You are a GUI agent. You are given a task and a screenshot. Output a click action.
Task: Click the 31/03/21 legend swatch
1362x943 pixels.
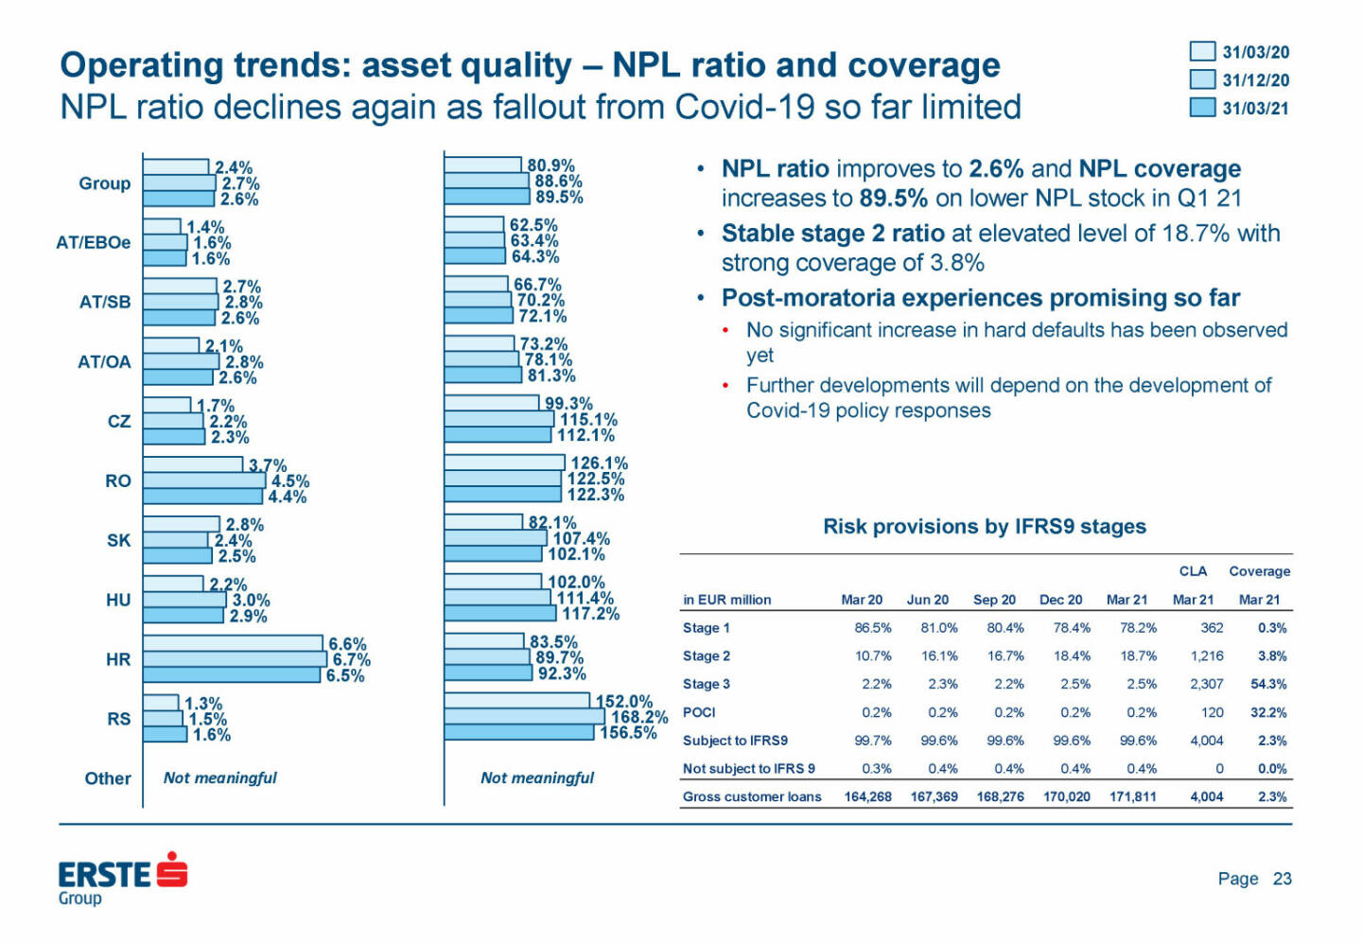click(x=1202, y=108)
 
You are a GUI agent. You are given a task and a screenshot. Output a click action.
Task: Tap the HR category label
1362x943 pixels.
click(x=118, y=659)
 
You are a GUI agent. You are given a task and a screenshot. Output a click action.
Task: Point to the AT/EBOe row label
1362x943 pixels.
click(x=94, y=242)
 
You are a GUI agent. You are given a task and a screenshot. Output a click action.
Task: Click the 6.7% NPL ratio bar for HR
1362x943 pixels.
click(x=235, y=659)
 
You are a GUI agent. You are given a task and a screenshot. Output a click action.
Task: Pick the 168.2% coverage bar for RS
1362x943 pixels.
click(x=524, y=717)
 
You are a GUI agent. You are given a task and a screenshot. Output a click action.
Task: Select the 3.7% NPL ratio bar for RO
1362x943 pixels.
click(x=193, y=464)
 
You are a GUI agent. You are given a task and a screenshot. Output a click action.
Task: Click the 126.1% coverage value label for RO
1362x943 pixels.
click(x=599, y=463)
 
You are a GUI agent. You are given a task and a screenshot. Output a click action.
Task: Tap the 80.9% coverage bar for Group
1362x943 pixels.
click(x=482, y=166)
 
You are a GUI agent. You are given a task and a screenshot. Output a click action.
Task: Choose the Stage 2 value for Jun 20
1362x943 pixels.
click(x=938, y=655)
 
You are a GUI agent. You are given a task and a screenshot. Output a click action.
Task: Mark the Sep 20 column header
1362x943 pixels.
click(x=994, y=600)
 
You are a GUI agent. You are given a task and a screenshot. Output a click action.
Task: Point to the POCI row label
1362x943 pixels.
click(x=699, y=712)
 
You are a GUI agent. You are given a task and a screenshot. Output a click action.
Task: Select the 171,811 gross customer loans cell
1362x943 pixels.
click(x=1132, y=796)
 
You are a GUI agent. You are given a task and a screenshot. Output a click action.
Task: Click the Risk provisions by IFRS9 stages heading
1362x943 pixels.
click(x=984, y=527)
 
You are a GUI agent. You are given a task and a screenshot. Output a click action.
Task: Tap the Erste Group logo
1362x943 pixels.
click(x=122, y=877)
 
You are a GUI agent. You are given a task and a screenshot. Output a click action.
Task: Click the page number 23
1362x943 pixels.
click(x=1282, y=879)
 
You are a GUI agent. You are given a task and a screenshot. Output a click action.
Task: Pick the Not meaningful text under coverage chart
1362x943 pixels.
click(x=536, y=777)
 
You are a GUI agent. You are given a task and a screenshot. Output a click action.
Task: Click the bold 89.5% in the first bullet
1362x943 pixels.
click(x=893, y=198)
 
